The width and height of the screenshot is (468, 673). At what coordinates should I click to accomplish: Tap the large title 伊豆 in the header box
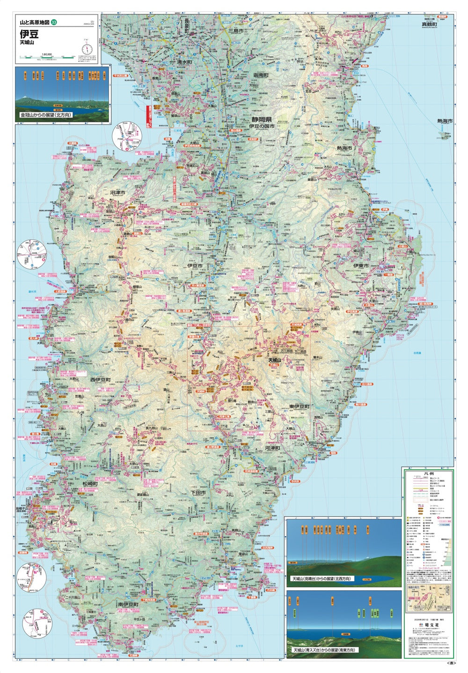(29, 34)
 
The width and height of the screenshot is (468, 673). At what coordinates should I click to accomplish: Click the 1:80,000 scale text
(47, 54)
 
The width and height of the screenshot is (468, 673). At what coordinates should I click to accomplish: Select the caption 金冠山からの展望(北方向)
(46, 115)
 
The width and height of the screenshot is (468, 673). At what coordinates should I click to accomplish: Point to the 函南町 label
(261, 75)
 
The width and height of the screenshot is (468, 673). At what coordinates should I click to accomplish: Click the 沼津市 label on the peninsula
(118, 192)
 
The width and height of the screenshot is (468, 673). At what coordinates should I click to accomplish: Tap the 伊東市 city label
(361, 266)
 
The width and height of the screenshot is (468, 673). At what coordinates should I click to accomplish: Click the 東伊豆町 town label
(299, 407)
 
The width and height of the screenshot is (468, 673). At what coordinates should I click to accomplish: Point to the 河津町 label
(272, 448)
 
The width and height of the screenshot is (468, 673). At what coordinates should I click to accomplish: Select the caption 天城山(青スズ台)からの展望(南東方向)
(323, 650)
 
